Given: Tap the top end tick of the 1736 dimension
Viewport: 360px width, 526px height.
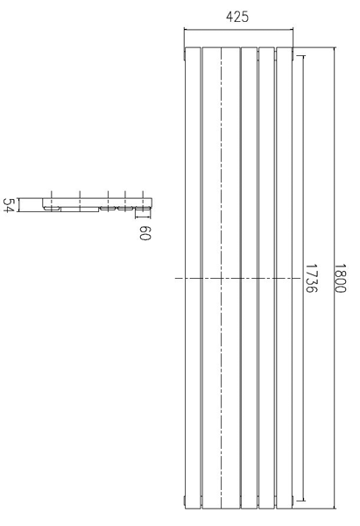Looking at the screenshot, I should pos(303,56).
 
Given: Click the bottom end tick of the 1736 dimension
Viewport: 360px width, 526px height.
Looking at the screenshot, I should pos(303,501).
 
